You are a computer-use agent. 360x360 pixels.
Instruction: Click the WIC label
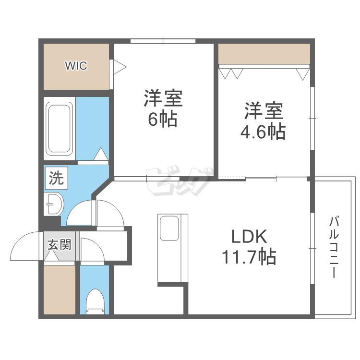click(x=76, y=66)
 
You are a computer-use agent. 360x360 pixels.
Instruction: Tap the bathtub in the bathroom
click(x=60, y=129)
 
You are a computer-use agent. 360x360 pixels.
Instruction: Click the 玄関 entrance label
click(x=60, y=244)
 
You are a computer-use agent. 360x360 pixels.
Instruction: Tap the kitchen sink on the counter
click(x=169, y=228)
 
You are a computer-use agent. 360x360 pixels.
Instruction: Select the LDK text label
click(x=249, y=237)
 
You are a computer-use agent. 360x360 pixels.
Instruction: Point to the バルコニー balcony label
click(x=335, y=248)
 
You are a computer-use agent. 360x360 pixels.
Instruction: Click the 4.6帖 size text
click(x=263, y=131)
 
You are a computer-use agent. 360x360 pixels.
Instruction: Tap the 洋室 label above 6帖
click(x=163, y=98)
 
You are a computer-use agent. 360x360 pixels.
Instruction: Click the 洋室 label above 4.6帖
click(x=263, y=111)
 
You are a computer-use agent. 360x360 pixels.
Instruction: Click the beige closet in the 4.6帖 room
click(x=264, y=53)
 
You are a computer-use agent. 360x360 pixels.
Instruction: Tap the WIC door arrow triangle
click(x=119, y=66)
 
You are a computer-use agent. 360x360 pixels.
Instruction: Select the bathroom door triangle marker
click(x=101, y=155)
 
